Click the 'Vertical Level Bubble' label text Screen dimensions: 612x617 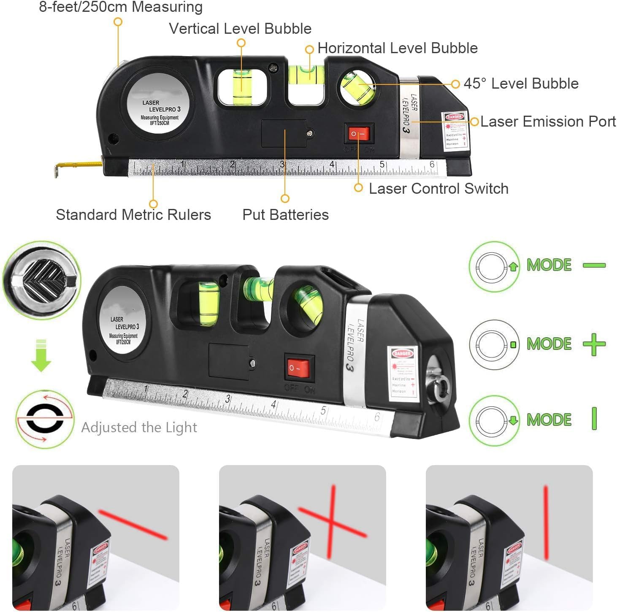[x=240, y=29]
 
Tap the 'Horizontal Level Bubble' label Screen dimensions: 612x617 [x=397, y=48]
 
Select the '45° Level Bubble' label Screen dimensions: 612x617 [x=521, y=84]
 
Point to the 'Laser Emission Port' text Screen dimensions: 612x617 [x=548, y=122]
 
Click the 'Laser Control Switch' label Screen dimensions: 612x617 [x=438, y=189]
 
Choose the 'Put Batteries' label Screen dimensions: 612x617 [x=285, y=215]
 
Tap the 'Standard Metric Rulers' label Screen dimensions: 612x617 [x=133, y=215]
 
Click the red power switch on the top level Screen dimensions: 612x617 [x=359, y=134]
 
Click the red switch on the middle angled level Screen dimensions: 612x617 [x=299, y=367]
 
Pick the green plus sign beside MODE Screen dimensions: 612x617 [x=594, y=344]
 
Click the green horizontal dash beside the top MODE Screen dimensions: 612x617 [x=594, y=265]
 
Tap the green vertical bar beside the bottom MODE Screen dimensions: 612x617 [x=594, y=419]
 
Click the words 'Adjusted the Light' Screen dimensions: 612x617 [x=139, y=428]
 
